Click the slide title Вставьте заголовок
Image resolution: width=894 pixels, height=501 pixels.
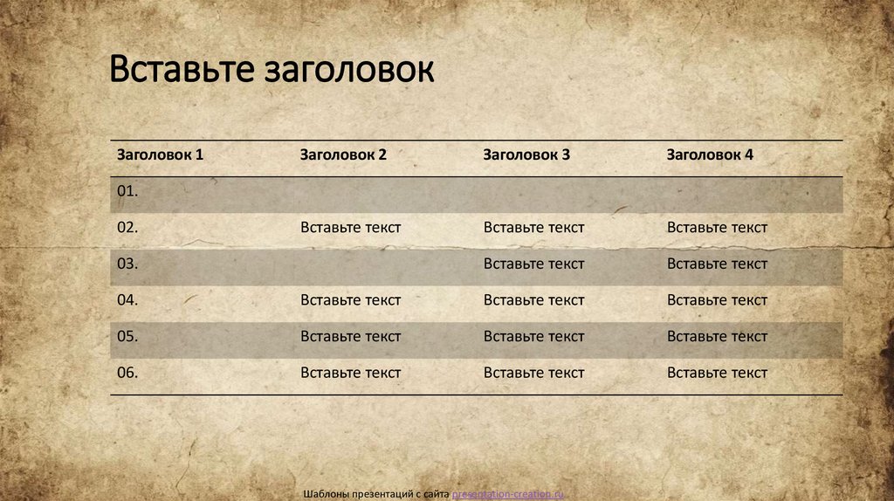[272, 70]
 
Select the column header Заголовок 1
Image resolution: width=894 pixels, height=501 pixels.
[160, 154]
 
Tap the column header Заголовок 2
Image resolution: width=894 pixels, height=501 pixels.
[343, 154]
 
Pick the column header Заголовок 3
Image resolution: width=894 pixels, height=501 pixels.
[526, 154]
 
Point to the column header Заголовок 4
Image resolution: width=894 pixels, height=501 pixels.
[710, 154]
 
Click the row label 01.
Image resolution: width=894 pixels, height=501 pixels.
[127, 191]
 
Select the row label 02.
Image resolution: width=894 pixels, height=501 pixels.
[127, 228]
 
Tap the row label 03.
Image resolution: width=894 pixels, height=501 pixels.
[127, 264]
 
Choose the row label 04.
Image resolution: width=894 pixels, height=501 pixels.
[127, 300]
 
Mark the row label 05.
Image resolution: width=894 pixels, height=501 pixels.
[127, 336]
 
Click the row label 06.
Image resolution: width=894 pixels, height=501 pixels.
[127, 373]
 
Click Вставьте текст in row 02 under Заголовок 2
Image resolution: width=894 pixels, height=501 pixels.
[351, 228]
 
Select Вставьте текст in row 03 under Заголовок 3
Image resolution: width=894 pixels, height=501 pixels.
[534, 264]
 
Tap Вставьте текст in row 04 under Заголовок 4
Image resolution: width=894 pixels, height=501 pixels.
[718, 300]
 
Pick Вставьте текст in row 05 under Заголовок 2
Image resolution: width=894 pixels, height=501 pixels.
[351, 336]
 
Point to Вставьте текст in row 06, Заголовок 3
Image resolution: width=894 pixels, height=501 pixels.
[534, 373]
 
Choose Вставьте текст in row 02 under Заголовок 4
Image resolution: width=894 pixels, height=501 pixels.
[718, 228]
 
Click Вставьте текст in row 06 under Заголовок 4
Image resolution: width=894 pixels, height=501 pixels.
[718, 373]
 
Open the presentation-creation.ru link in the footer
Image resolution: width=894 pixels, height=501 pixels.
[508, 494]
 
